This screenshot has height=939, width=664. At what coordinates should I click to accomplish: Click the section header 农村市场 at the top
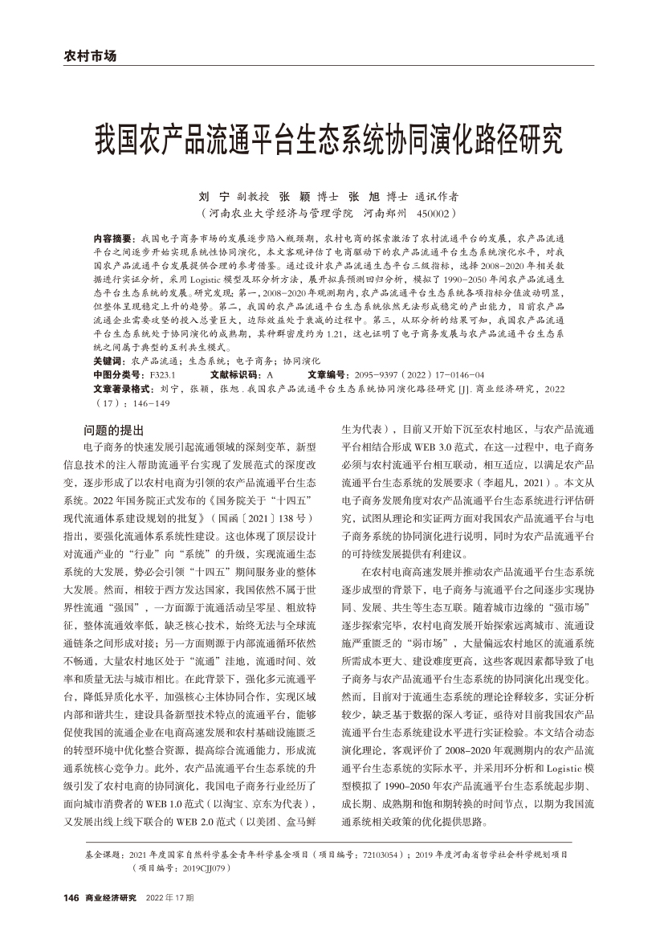pos(89,56)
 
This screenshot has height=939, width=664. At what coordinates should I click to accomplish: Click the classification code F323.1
pos(164,375)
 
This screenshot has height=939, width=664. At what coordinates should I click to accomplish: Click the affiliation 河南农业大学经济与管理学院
pos(280,214)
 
